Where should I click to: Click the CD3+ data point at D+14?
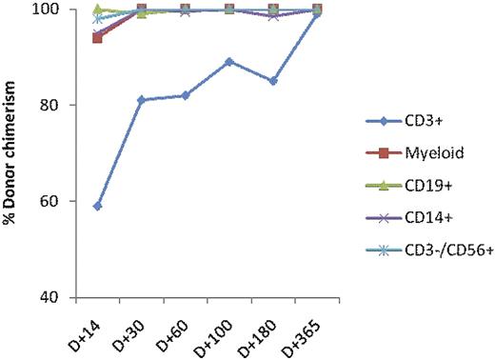coord(98,206)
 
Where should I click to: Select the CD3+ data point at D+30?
coord(141,100)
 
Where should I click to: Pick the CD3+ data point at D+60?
coord(185,95)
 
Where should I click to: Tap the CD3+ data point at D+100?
coord(228,62)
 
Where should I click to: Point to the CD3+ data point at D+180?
coord(272,81)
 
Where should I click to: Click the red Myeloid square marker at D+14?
coord(98,37)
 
